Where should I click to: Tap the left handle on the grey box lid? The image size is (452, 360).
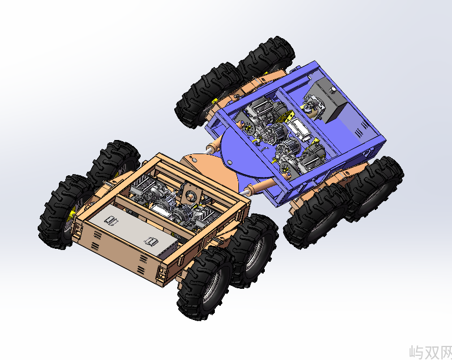[111, 221]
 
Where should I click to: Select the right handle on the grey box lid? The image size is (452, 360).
[151, 241]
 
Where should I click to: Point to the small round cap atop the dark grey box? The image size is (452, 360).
[333, 89]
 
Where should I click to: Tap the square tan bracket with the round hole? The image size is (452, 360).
[190, 196]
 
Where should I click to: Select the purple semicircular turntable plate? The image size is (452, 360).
[244, 155]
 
